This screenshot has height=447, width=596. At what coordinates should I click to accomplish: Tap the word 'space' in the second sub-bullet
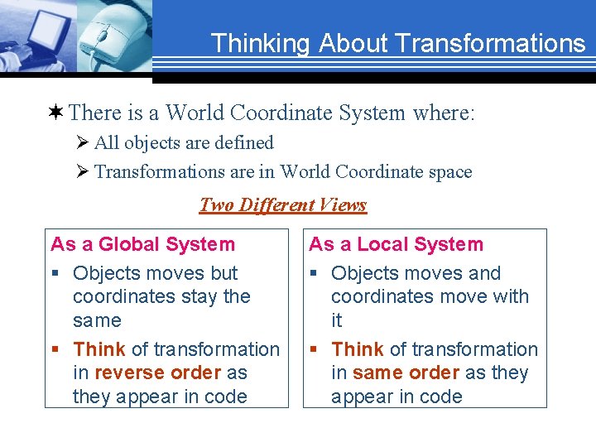[447, 172]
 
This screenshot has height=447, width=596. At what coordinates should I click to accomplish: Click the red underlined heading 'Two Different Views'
[283, 204]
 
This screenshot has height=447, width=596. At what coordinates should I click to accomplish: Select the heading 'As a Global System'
[142, 244]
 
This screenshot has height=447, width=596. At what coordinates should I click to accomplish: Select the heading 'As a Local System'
[396, 244]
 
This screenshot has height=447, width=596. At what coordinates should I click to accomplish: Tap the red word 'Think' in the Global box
[99, 350]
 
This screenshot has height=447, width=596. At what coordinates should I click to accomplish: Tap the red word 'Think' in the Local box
[358, 350]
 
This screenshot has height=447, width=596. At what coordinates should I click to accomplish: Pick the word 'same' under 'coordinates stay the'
[97, 320]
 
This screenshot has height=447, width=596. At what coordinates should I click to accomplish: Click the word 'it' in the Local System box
[337, 320]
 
